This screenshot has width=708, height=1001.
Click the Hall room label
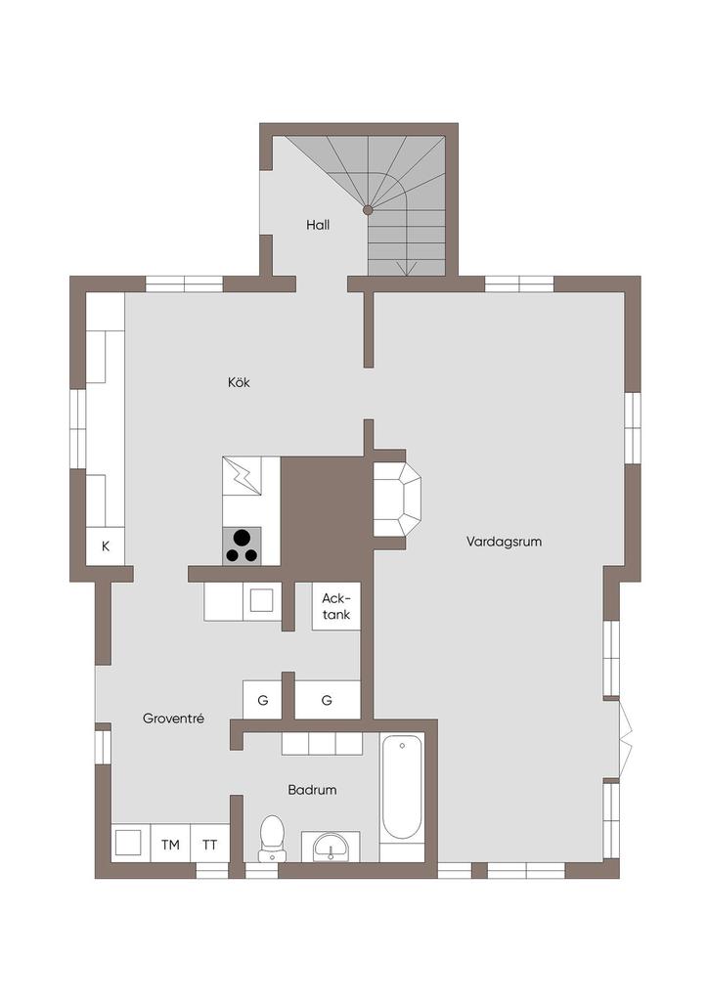pos(317,225)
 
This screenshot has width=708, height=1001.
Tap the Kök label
pos(239,382)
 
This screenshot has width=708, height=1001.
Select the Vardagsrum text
pos(504,542)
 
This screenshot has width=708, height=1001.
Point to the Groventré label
pos(173,718)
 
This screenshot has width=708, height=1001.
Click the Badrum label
pos(312,790)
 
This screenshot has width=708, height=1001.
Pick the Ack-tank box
pos(336,606)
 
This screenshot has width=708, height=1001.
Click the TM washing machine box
pos(170,845)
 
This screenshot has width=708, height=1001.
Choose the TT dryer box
pos(210,845)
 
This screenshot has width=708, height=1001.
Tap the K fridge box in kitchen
pos(106,546)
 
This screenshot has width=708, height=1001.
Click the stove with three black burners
pos(242,545)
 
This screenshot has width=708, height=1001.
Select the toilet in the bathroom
pos(272,838)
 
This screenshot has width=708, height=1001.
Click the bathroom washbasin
pos(331,847)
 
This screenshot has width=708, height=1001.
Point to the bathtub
pos(402,789)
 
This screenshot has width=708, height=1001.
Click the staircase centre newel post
pos(368,209)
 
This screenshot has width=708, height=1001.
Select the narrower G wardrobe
pos(262,700)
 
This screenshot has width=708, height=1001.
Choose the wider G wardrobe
pos(328,700)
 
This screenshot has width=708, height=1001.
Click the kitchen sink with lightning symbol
pos(242,476)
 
